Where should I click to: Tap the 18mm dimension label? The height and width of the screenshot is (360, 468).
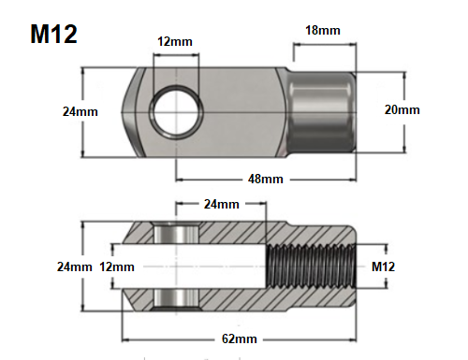323,30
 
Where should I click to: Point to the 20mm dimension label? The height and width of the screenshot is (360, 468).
402,110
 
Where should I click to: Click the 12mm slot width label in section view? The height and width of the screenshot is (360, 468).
117,266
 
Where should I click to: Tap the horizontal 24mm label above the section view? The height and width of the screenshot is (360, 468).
222,204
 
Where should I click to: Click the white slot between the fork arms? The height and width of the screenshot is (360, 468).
187,266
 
